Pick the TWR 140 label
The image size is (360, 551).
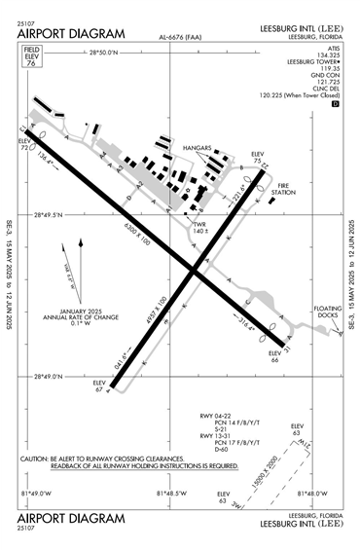200,228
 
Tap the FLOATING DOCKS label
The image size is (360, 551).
328,312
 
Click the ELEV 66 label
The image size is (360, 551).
274,356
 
